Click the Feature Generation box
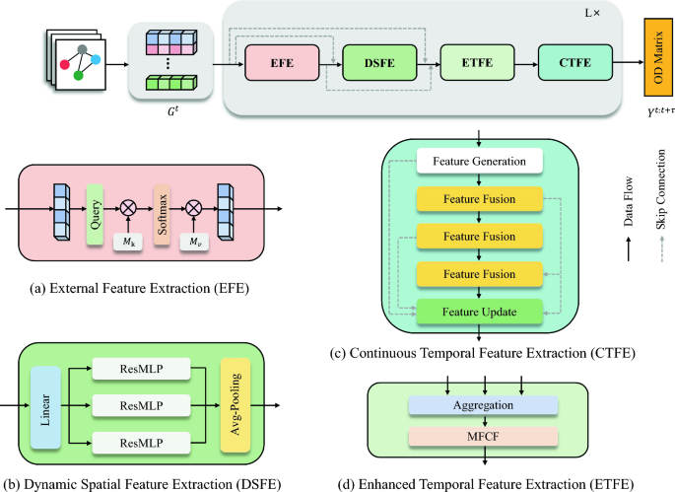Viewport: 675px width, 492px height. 479,160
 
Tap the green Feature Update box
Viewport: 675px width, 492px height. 479,312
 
